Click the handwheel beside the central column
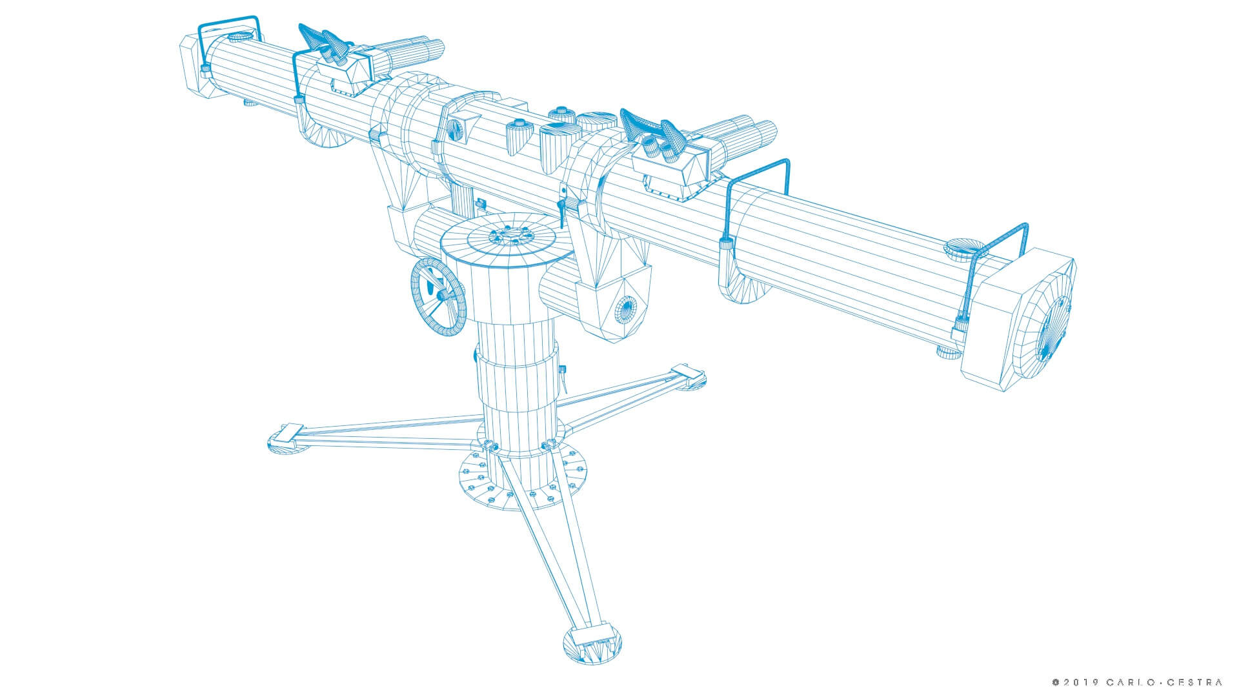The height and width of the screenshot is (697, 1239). click(x=438, y=296)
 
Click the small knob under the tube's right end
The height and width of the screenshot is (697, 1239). click(x=947, y=352)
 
